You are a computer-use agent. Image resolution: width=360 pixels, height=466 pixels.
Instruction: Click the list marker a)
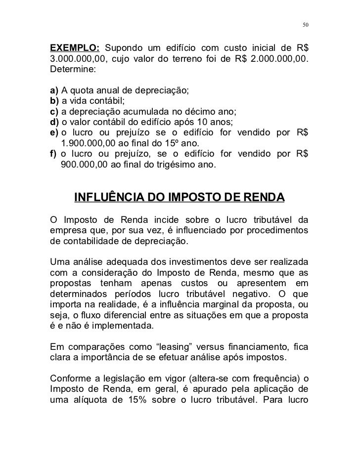(x=54, y=91)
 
